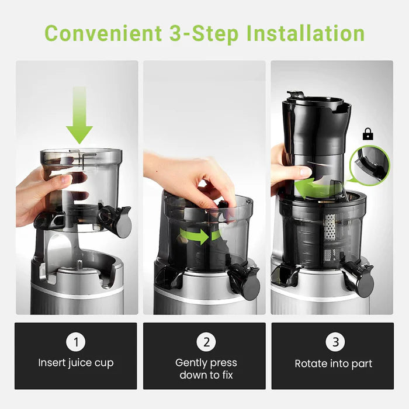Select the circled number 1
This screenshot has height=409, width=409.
coord(77,342)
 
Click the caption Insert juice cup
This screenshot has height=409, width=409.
coord(77,363)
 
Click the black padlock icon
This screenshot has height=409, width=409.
coord(368,134)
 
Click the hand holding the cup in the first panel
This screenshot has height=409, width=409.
coord(44,196)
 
